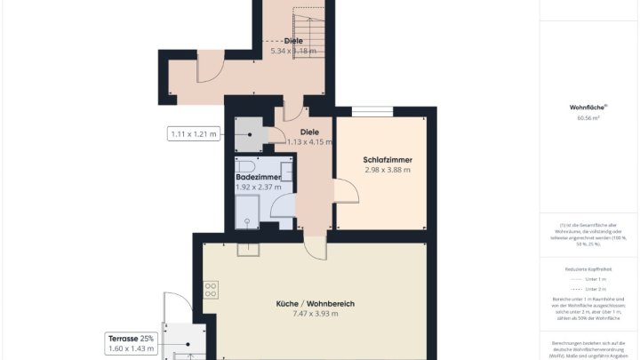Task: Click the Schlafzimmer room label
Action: click(x=387, y=160)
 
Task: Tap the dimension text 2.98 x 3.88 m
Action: click(x=387, y=170)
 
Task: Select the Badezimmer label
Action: click(x=258, y=177)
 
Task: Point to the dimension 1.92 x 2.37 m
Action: click(x=258, y=187)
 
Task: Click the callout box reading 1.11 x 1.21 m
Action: click(x=193, y=134)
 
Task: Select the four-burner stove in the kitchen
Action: click(x=212, y=289)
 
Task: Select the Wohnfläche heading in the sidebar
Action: click(x=587, y=108)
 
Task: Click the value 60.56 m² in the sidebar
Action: click(x=587, y=116)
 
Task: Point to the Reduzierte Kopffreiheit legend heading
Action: click(x=587, y=268)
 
